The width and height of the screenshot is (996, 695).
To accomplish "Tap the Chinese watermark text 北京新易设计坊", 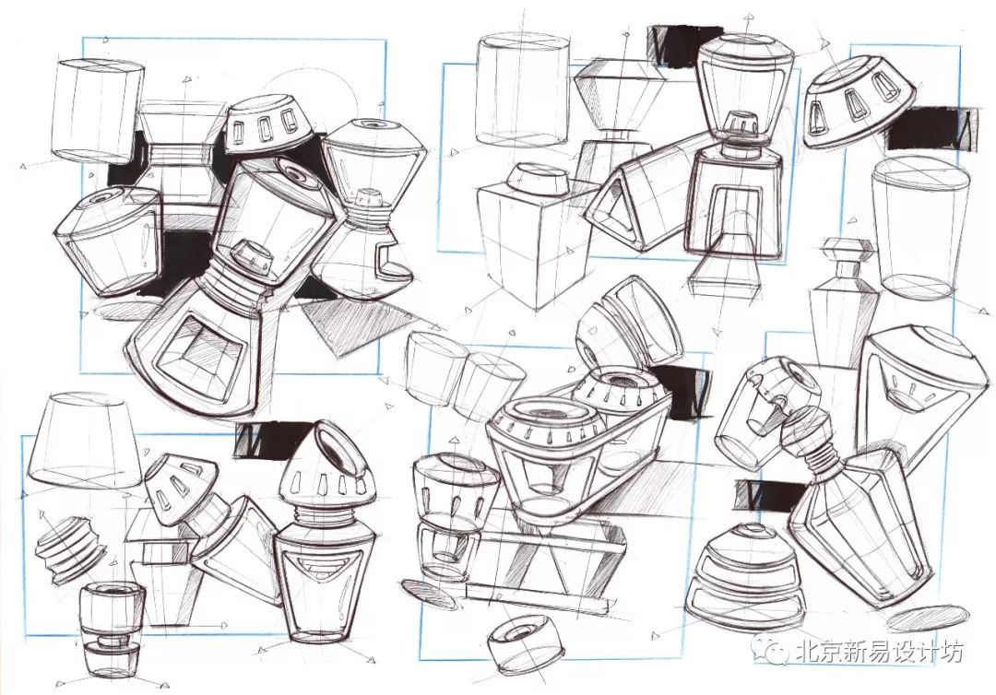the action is (x=880, y=651).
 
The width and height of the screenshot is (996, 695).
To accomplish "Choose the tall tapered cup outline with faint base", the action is (x=920, y=228).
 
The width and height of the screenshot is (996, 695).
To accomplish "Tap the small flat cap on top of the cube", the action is (x=539, y=180).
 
